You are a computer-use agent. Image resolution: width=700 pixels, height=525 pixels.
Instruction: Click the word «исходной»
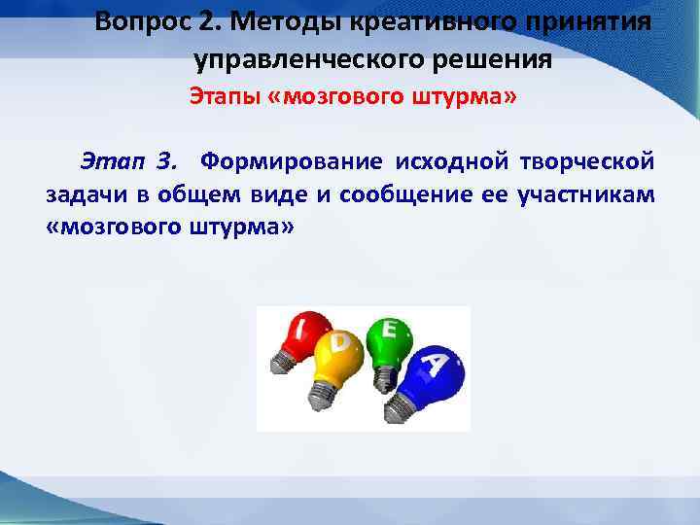(451, 159)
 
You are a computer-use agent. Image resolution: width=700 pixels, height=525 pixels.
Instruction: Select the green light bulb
(386, 335)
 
